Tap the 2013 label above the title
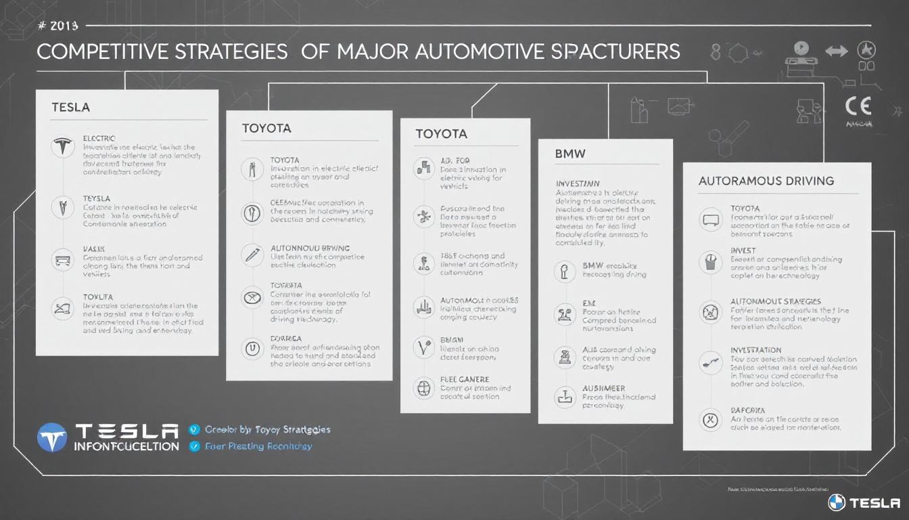click(x=64, y=26)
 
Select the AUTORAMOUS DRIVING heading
click(x=766, y=181)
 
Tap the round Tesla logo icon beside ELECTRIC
click(x=62, y=146)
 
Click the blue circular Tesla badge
click(x=53, y=437)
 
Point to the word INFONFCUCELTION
click(x=127, y=446)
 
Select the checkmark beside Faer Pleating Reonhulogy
click(x=195, y=446)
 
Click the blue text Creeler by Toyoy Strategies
click(x=267, y=429)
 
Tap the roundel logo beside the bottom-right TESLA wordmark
click(x=837, y=502)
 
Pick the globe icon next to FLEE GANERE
click(x=423, y=388)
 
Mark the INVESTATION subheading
click(x=756, y=350)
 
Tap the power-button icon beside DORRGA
click(x=251, y=349)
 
